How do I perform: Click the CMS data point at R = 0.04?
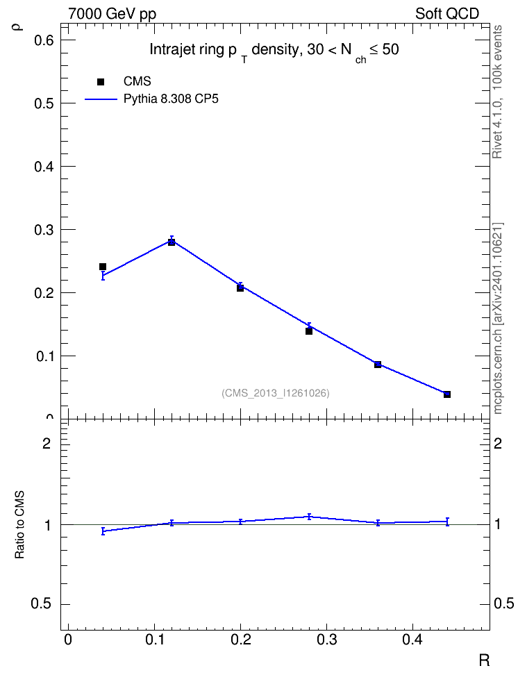click(103, 267)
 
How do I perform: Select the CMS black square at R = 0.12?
click(172, 242)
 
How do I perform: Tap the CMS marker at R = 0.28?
click(309, 331)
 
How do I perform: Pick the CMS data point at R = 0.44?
click(447, 394)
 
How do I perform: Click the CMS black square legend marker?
click(101, 82)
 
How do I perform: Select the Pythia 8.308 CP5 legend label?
click(171, 99)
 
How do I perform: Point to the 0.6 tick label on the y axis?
click(44, 40)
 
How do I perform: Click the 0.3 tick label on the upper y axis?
click(44, 230)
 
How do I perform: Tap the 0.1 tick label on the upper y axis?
click(44, 356)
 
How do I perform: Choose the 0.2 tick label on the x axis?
click(240, 640)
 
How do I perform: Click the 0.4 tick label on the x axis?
click(412, 640)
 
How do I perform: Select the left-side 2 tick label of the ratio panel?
click(47, 443)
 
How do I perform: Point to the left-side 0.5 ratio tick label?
click(41, 604)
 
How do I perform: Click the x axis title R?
click(484, 660)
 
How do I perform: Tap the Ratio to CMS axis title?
click(19, 525)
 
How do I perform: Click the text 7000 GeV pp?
click(112, 14)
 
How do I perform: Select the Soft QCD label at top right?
click(447, 14)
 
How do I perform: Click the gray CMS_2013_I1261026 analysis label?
click(276, 393)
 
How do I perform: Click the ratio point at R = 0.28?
click(309, 517)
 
